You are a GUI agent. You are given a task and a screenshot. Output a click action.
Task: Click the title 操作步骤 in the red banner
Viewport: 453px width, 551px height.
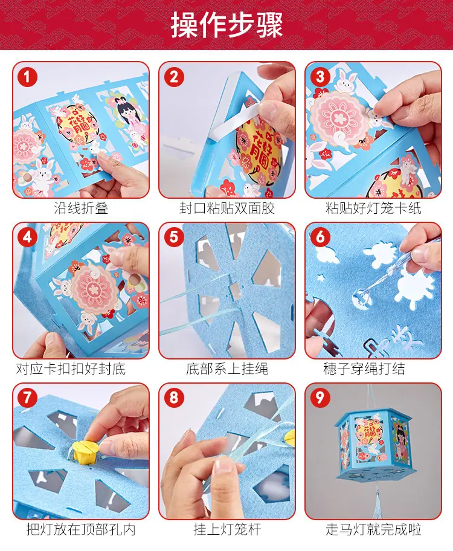click(x=226, y=25)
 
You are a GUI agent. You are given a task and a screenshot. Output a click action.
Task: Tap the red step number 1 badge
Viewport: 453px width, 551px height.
click(x=27, y=77)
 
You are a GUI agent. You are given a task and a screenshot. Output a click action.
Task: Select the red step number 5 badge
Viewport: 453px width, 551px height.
click(x=174, y=237)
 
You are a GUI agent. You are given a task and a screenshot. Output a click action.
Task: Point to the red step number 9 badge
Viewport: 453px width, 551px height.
click(x=320, y=398)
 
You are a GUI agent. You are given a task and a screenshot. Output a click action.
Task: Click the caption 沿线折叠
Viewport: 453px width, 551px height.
click(x=81, y=208)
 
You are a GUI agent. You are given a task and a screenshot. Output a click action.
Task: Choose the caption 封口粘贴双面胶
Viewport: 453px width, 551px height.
click(x=227, y=208)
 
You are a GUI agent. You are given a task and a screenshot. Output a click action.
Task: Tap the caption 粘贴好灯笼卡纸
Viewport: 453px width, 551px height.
click(x=373, y=208)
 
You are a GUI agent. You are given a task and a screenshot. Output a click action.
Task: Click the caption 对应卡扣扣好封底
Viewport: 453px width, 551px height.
click(x=71, y=369)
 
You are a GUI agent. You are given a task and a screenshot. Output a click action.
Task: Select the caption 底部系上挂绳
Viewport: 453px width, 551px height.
click(x=227, y=369)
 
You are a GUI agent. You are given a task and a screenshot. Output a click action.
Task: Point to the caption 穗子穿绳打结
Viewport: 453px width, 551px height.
click(x=364, y=369)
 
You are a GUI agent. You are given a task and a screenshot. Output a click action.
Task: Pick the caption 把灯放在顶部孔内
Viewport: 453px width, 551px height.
click(x=81, y=529)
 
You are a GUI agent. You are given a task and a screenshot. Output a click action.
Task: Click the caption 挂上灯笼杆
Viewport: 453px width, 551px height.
click(x=227, y=529)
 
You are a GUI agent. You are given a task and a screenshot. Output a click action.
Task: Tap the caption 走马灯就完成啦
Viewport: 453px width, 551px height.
click(x=373, y=529)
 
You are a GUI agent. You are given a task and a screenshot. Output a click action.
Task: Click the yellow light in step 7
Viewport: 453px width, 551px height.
click(x=86, y=451)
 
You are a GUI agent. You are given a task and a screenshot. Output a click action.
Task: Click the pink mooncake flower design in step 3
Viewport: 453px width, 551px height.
click(x=338, y=118)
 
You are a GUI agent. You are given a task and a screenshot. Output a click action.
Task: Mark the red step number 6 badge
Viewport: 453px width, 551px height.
click(x=320, y=237)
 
